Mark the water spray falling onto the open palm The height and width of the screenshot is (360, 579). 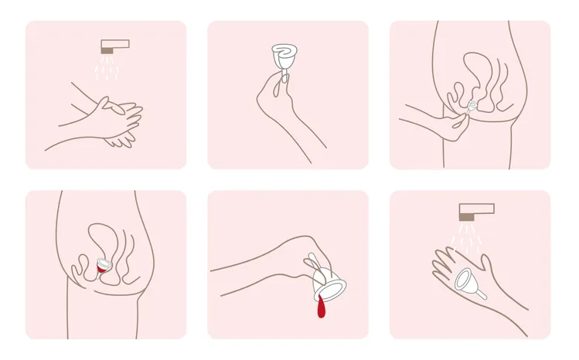(467, 236)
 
